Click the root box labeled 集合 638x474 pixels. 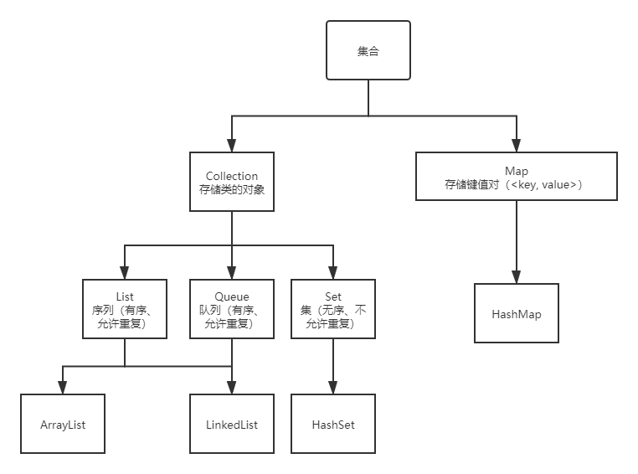(368, 51)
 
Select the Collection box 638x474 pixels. (232, 182)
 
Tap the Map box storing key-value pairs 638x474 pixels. (516, 177)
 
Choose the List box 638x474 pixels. (125, 309)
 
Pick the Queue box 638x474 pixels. (232, 309)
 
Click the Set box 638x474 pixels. (333, 309)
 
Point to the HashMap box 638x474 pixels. (516, 314)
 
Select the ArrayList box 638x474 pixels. (63, 424)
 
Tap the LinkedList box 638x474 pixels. (232, 424)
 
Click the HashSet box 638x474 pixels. (333, 424)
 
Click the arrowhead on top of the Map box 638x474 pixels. (516, 147)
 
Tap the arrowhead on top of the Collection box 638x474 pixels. (232, 147)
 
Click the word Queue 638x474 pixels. (232, 296)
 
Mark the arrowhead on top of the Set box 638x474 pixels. (333, 274)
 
